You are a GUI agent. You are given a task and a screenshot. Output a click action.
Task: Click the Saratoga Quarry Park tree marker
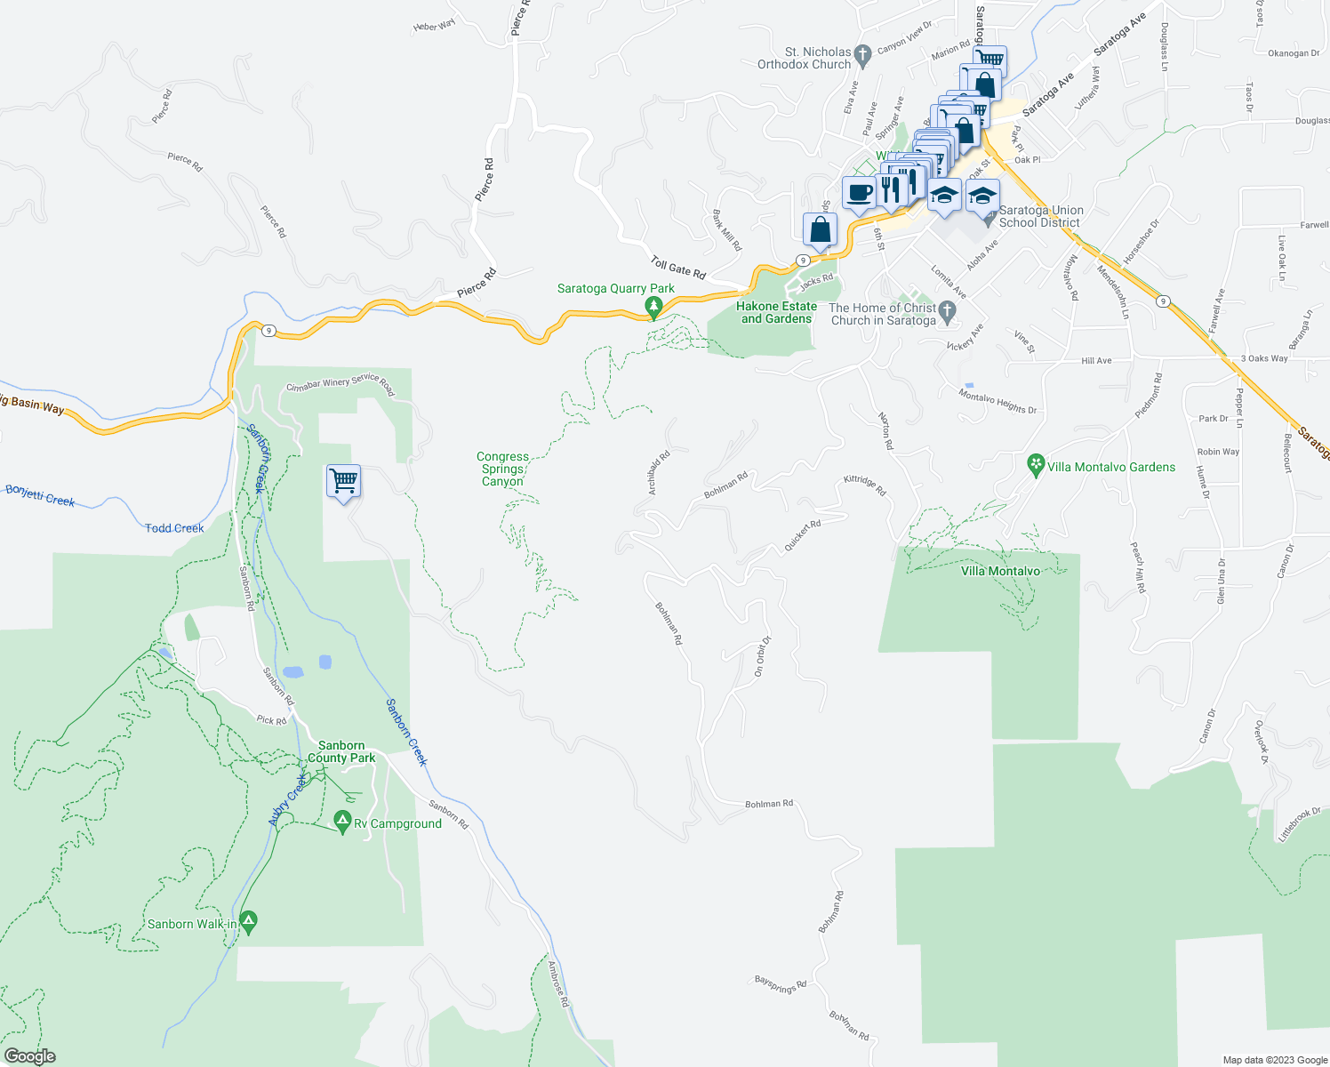tap(654, 307)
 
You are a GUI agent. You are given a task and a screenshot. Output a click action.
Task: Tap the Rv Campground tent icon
tap(342, 822)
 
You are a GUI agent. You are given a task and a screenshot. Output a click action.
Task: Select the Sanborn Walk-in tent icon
tap(249, 923)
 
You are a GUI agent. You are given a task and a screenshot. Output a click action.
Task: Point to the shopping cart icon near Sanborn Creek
tap(343, 481)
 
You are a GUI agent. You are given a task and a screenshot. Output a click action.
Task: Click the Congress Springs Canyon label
tap(502, 469)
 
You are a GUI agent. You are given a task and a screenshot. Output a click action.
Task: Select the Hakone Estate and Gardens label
tap(776, 313)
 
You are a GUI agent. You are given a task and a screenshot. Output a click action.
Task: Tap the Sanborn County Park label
tap(341, 752)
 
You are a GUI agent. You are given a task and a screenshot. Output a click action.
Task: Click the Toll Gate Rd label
tap(677, 268)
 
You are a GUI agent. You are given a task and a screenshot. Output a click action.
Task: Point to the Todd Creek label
tap(174, 528)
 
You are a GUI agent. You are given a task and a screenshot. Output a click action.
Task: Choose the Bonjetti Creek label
tap(40, 495)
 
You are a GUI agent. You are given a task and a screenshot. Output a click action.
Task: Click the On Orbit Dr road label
tap(762, 656)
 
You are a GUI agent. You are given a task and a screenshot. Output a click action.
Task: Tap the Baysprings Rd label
tap(781, 985)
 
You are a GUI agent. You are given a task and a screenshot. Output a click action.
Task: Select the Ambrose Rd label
tap(558, 984)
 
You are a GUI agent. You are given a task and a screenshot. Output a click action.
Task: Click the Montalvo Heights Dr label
tap(997, 403)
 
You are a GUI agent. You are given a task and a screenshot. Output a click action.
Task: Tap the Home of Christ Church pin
tap(948, 311)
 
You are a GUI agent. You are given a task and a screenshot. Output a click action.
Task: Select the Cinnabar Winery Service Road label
tap(340, 383)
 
